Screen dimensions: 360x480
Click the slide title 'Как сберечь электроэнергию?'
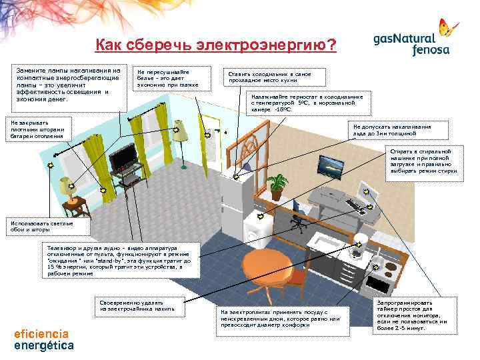point(216,45)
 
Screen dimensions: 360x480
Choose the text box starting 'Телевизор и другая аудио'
point(119,260)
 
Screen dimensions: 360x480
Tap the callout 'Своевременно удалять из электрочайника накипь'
point(138,305)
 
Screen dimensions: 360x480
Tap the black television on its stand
point(124,160)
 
